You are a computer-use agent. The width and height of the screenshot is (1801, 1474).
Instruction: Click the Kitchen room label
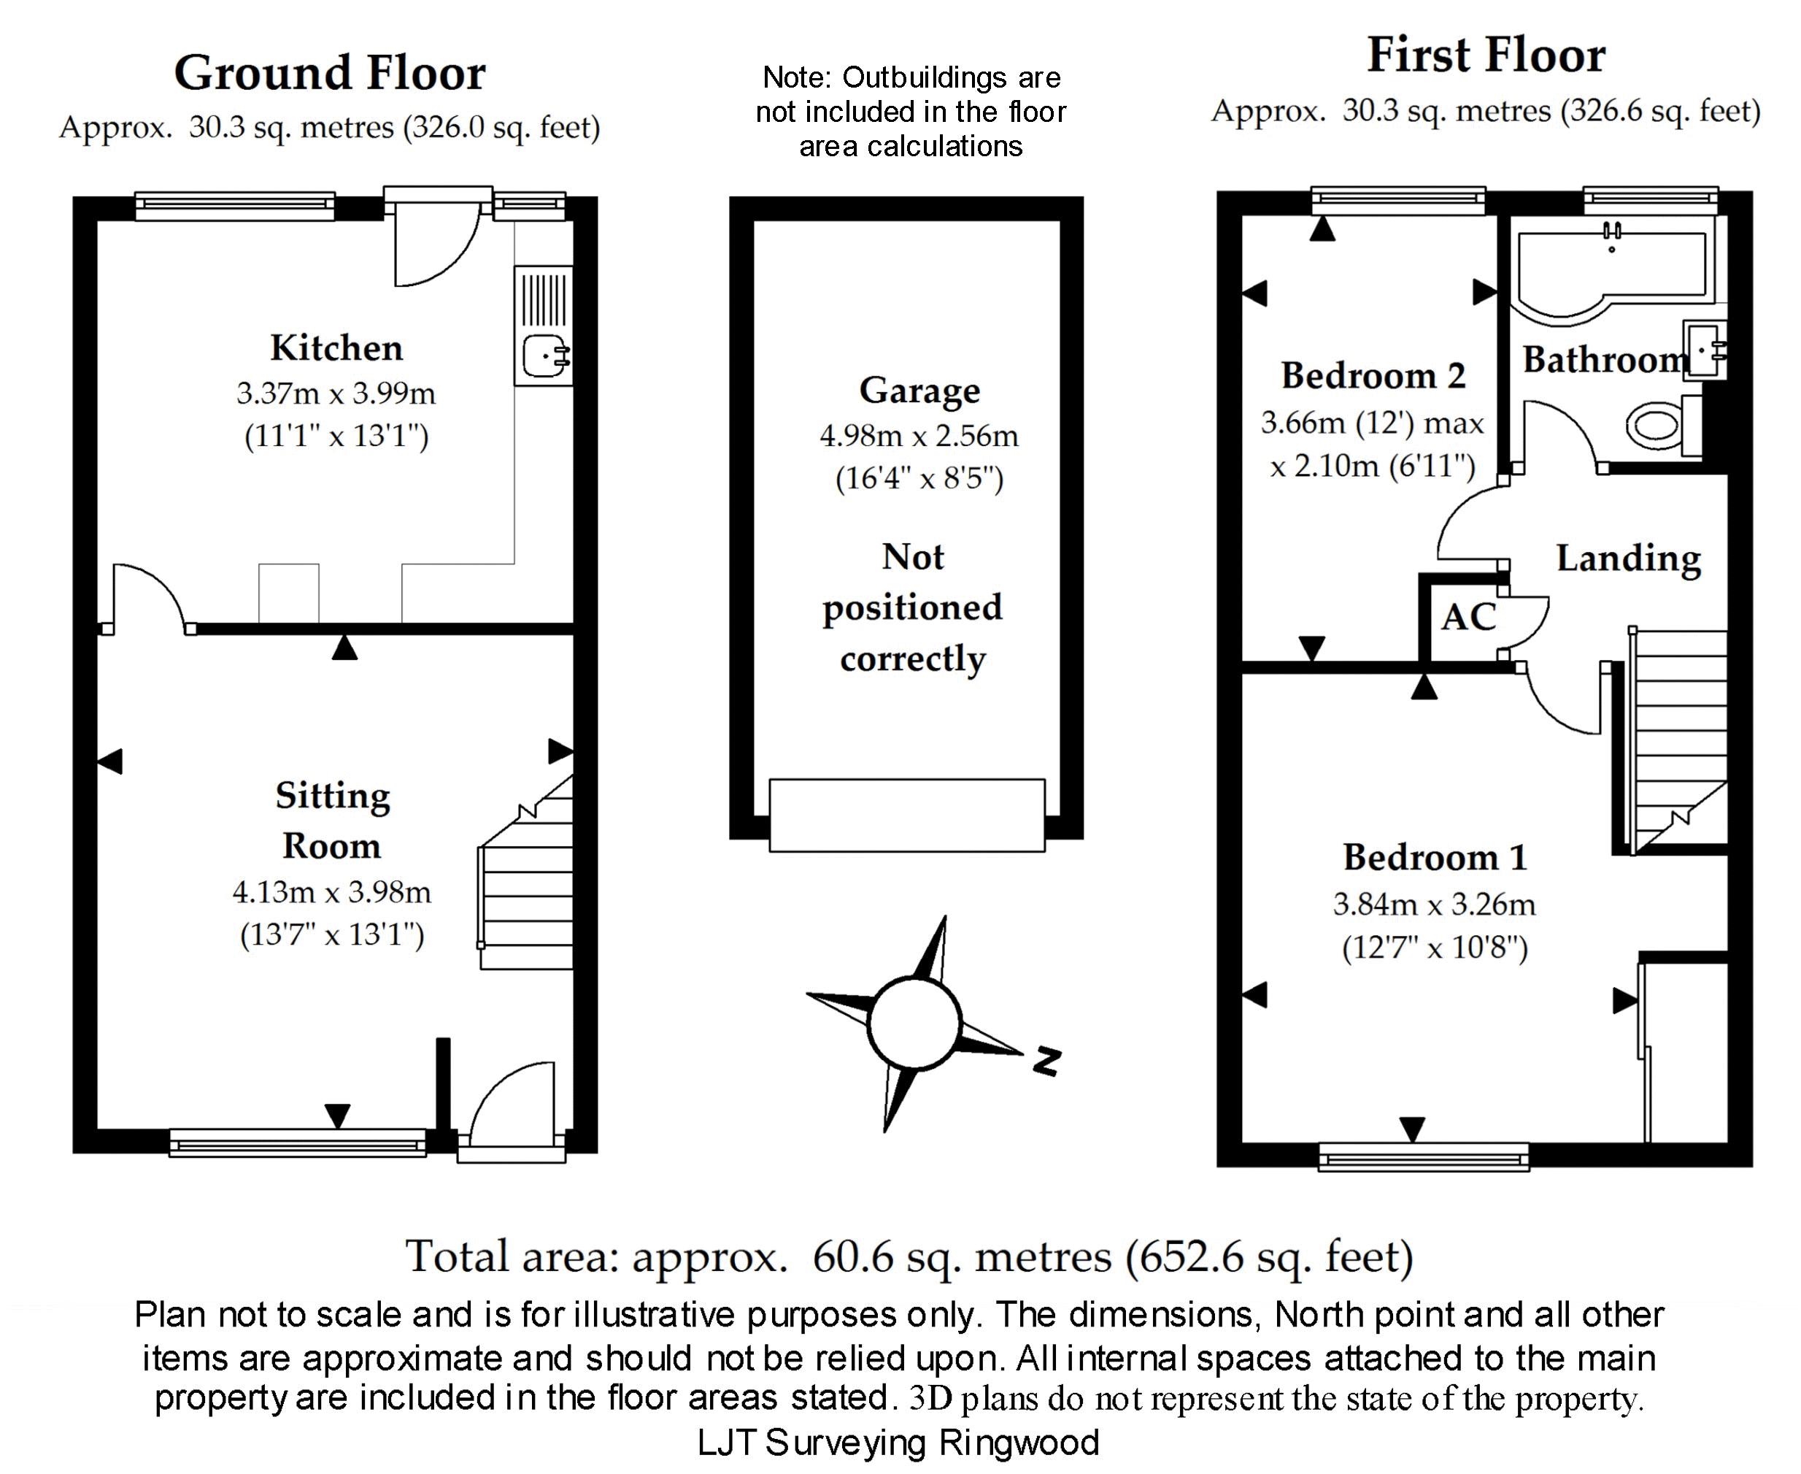click(x=336, y=348)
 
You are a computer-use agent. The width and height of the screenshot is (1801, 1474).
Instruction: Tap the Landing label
click(x=1628, y=559)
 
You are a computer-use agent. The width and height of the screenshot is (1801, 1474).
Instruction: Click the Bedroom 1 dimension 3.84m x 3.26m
click(x=1435, y=905)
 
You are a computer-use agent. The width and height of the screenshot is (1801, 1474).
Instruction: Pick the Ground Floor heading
click(x=330, y=73)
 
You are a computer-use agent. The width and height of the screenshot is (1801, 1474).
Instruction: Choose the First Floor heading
click(x=1486, y=56)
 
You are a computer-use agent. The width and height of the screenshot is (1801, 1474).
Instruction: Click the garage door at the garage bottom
click(x=906, y=815)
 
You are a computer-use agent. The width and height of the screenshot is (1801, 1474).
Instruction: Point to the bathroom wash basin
click(x=1704, y=349)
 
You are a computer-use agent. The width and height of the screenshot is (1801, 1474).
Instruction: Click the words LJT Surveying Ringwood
click(x=899, y=1443)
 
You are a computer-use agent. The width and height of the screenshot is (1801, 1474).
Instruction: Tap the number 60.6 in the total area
click(x=852, y=1257)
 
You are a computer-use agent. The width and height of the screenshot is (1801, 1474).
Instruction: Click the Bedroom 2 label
click(x=1373, y=376)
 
